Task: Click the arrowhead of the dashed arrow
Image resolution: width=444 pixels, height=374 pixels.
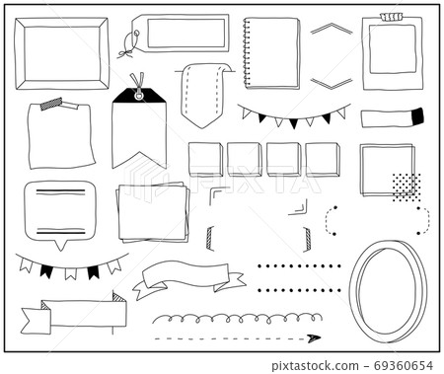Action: pos(313,338)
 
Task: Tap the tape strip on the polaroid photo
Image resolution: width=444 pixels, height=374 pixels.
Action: pos(392,17)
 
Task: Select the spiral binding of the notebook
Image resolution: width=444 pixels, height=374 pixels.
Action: pos(247,52)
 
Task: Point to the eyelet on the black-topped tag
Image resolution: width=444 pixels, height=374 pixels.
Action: pos(137,94)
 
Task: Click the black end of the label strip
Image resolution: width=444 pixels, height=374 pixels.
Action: pos(416,116)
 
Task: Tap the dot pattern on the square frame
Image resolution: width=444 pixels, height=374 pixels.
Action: pos(405,186)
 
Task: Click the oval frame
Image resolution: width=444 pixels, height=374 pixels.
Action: pos(388,291)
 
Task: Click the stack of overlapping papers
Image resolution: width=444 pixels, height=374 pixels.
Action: pos(153,211)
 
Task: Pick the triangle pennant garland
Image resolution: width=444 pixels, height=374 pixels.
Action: pos(294,116)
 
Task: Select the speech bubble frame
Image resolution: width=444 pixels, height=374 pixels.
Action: pos(60,209)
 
